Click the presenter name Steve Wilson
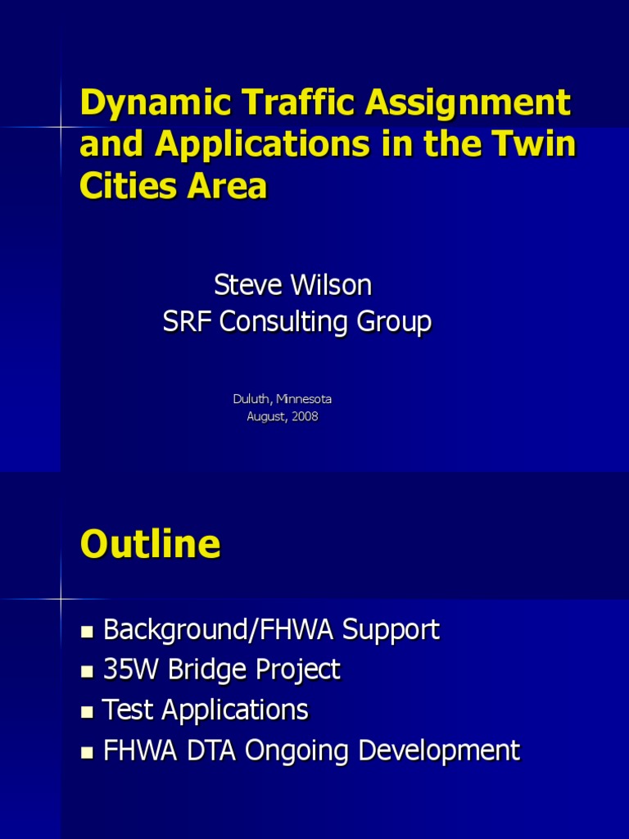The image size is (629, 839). (x=292, y=285)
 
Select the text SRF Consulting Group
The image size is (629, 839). (x=296, y=322)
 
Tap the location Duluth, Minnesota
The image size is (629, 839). (x=283, y=399)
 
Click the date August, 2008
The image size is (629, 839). (x=283, y=416)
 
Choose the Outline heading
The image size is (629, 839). (x=150, y=544)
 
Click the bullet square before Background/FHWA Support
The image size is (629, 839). (x=88, y=632)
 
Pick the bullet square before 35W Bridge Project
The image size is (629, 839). (x=88, y=672)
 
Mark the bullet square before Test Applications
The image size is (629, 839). (x=88, y=711)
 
